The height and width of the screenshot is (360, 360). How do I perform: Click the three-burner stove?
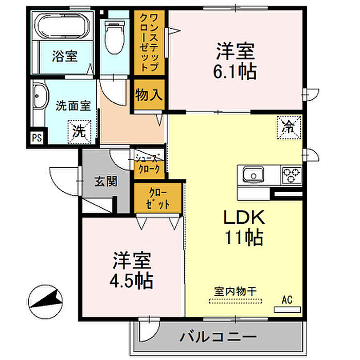[292, 175]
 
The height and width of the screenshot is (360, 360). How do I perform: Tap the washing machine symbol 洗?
[79, 129]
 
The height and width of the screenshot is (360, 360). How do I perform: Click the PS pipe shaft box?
[37, 138]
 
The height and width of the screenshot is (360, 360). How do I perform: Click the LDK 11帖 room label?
[243, 228]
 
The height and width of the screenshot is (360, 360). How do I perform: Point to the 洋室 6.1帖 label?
[236, 61]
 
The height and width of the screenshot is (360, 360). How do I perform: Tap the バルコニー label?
[218, 338]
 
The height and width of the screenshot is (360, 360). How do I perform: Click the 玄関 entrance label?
[105, 181]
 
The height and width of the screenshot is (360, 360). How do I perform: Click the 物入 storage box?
[149, 95]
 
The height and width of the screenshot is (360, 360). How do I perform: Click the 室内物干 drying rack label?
[236, 291]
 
